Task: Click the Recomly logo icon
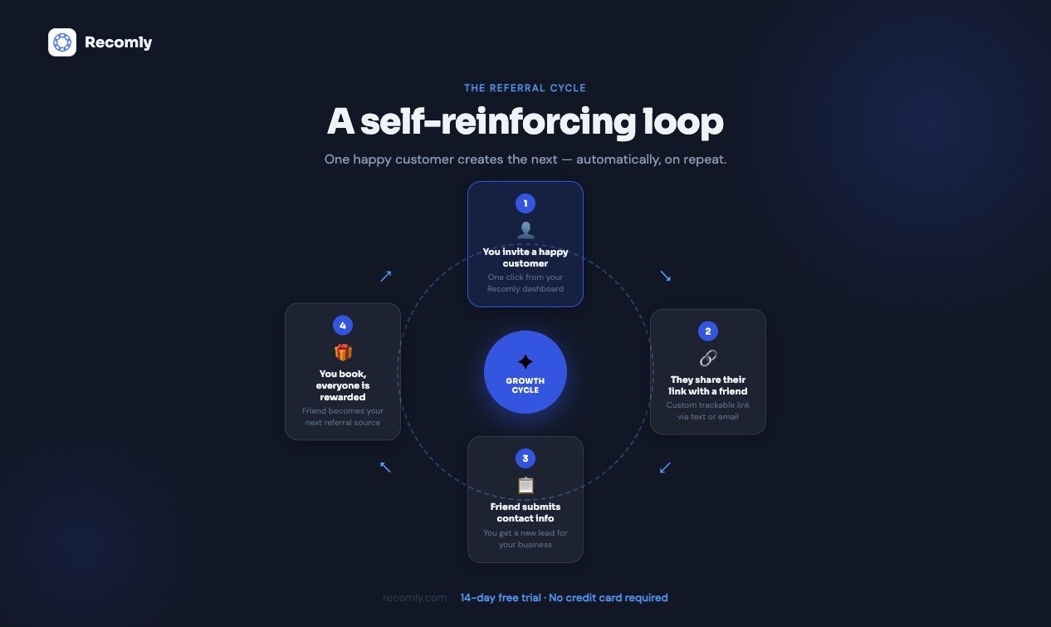click(62, 42)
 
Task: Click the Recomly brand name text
click(118, 42)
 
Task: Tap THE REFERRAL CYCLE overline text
click(525, 88)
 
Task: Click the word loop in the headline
click(683, 122)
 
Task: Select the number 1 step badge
click(525, 203)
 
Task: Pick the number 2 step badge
click(707, 331)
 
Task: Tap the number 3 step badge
click(525, 458)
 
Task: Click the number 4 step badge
click(343, 326)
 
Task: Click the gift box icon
click(343, 352)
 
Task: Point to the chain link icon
click(708, 358)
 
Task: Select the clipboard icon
click(525, 485)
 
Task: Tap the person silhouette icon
click(525, 230)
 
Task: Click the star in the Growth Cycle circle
click(525, 361)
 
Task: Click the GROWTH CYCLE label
click(525, 385)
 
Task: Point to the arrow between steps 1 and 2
click(665, 276)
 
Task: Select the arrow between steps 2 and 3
click(665, 468)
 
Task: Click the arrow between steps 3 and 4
click(385, 467)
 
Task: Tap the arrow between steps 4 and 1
click(386, 276)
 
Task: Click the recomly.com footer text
click(414, 597)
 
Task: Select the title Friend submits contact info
click(525, 512)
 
